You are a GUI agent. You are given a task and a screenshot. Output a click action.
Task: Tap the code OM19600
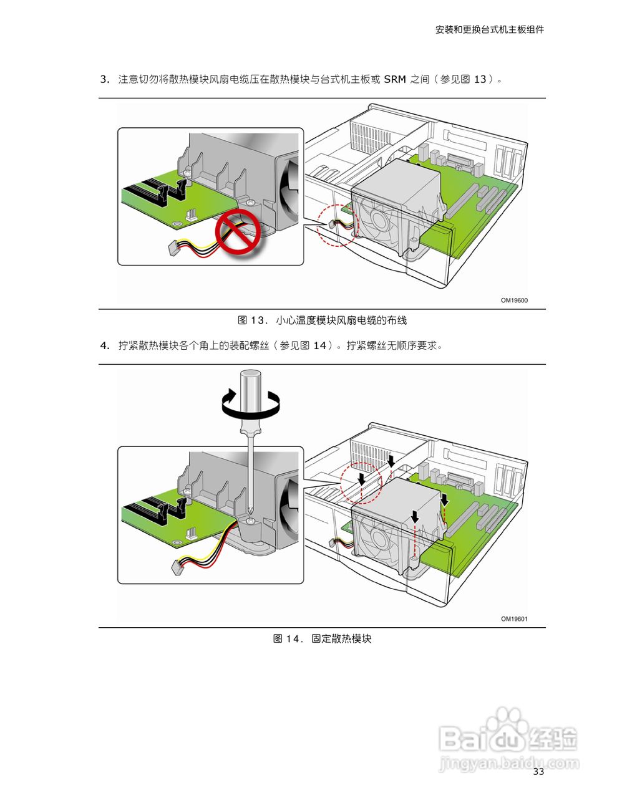pos(514,300)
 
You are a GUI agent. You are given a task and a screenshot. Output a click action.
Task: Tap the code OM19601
pos(514,619)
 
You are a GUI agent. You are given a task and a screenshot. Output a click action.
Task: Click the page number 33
pos(538,772)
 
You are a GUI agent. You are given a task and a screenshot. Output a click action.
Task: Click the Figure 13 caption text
pos(322,320)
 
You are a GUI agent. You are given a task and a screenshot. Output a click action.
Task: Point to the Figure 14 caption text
pos(322,639)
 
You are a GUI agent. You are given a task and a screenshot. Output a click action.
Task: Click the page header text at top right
pos(489,29)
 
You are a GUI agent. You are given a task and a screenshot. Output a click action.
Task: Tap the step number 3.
pos(104,79)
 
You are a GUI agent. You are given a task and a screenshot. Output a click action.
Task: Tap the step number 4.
pos(104,345)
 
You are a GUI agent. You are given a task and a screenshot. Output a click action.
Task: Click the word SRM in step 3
pos(395,79)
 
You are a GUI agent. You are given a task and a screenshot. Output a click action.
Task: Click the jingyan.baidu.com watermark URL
pos(508,762)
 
